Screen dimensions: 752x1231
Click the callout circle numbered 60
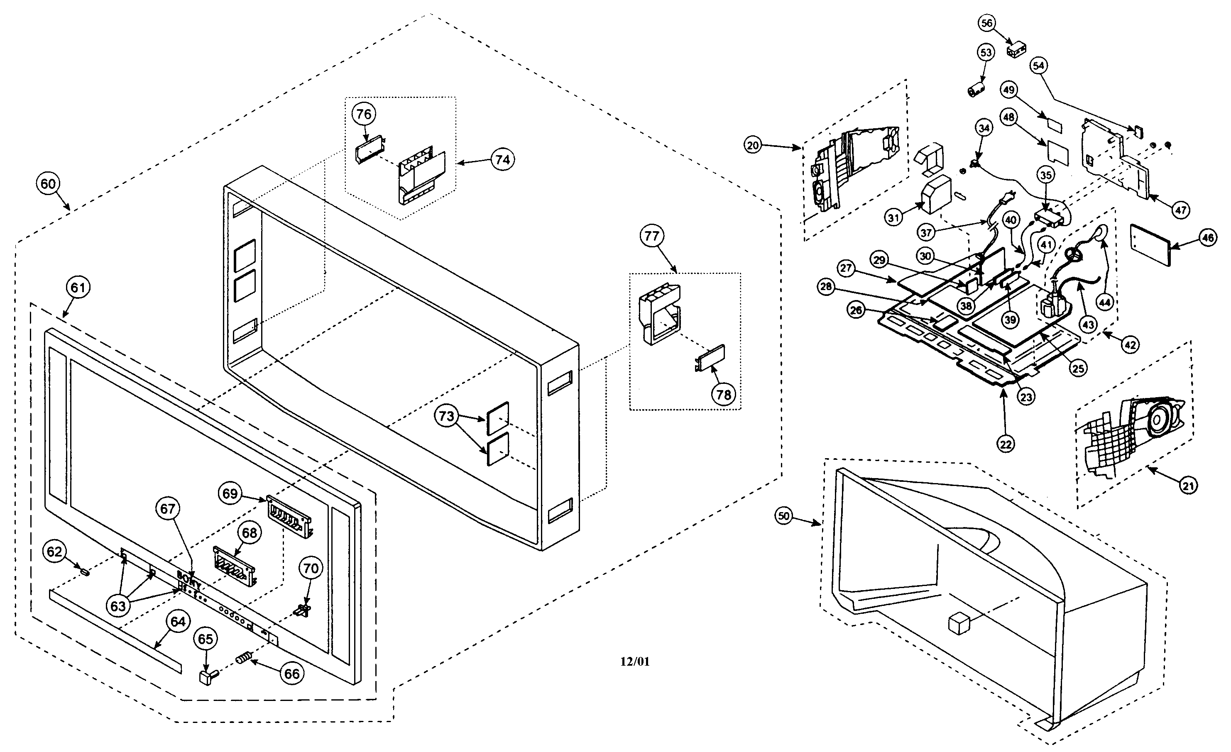[x=48, y=184]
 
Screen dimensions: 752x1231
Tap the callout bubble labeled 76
[x=364, y=115]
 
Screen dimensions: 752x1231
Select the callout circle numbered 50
[x=784, y=516]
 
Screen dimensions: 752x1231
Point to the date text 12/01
[x=634, y=662]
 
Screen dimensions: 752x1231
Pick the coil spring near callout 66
[x=243, y=659]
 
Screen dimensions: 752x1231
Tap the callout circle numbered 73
[x=446, y=415]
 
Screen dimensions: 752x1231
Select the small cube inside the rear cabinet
[x=958, y=624]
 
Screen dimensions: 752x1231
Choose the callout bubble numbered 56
[x=987, y=23]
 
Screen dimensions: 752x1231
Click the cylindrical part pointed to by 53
[x=975, y=91]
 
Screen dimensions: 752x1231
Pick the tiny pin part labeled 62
[x=84, y=571]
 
